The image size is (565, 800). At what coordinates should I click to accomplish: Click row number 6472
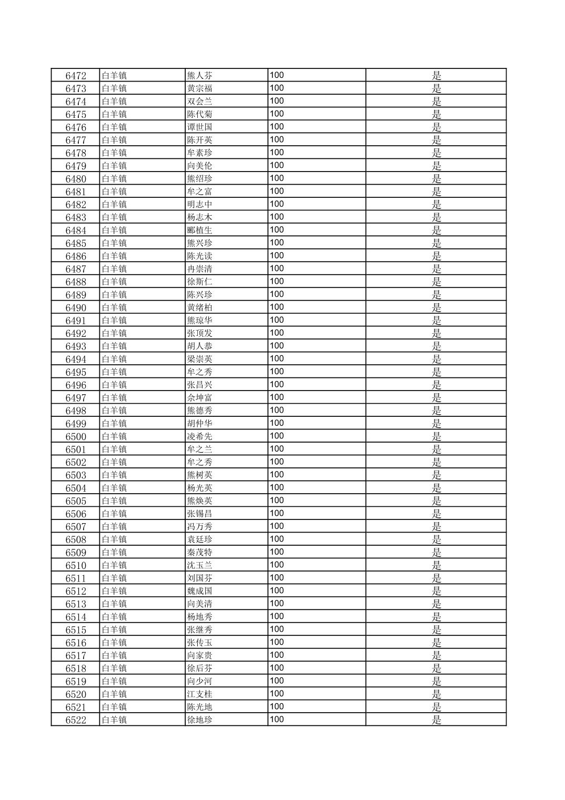[x=76, y=76]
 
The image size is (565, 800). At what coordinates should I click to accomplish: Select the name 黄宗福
[x=200, y=88]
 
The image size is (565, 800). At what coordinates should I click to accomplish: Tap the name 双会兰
[x=200, y=102]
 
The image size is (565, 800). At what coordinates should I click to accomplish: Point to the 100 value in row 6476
[x=277, y=127]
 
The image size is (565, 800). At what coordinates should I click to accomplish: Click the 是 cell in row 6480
[x=436, y=179]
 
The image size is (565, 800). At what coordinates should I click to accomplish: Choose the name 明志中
[x=200, y=205]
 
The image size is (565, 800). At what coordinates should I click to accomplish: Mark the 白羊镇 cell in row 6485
[x=114, y=243]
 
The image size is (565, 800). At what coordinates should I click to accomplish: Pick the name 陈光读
[x=200, y=256]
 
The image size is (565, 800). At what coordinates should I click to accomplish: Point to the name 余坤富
[x=200, y=398]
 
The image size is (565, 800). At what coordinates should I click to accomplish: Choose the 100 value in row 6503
[x=277, y=475]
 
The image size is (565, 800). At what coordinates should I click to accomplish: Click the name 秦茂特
[x=200, y=553]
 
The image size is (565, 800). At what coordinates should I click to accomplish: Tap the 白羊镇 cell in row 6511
[x=114, y=578]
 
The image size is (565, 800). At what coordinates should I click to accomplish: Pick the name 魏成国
[x=200, y=591]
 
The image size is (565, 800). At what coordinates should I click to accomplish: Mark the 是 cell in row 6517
[x=436, y=656]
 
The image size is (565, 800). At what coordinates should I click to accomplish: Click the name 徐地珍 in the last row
[x=200, y=720]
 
